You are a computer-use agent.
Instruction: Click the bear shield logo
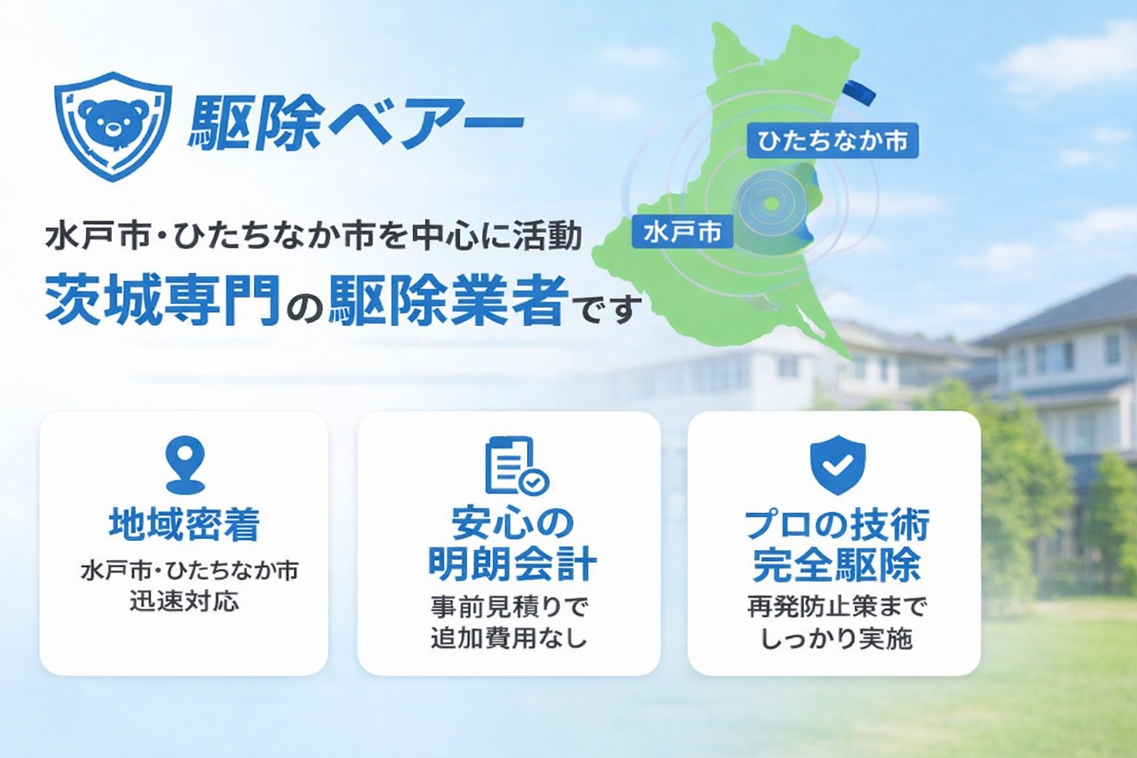[113, 127]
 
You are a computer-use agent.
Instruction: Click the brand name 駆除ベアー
[355, 125]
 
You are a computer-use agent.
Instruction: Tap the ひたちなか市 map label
[833, 141]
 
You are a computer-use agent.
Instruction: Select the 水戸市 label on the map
[682, 232]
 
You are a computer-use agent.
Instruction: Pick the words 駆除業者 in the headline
[448, 300]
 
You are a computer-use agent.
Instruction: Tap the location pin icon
[185, 465]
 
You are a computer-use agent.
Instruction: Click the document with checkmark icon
[516, 465]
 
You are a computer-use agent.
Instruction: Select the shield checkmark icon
[837, 465]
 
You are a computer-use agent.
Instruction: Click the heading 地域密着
[184, 525]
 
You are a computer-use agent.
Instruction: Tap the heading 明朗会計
[512, 564]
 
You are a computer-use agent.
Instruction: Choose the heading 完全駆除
[836, 564]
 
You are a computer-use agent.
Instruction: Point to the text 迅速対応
[184, 602]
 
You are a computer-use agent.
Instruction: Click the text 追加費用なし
[509, 638]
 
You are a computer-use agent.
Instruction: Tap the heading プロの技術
[837, 525]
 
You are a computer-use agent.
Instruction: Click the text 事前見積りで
[509, 607]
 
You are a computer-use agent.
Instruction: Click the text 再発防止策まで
[836, 607]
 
